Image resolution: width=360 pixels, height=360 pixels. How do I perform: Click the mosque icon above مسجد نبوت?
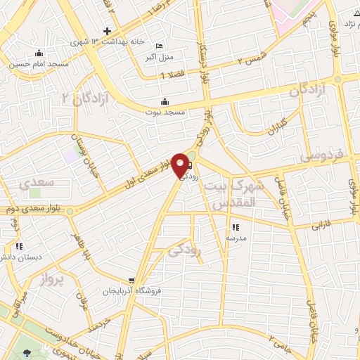pos(165,101)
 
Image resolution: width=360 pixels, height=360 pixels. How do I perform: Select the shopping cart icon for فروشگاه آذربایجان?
pos(131,281)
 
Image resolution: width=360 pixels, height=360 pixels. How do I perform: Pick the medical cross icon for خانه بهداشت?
pos(106,31)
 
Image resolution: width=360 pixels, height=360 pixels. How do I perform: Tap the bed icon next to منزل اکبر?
pos(158,46)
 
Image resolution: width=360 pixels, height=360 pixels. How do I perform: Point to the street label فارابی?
pos(320,226)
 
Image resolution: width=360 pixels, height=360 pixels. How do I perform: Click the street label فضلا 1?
pos(173,75)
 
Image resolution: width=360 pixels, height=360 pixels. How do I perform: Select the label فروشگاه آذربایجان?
pos(129,290)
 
